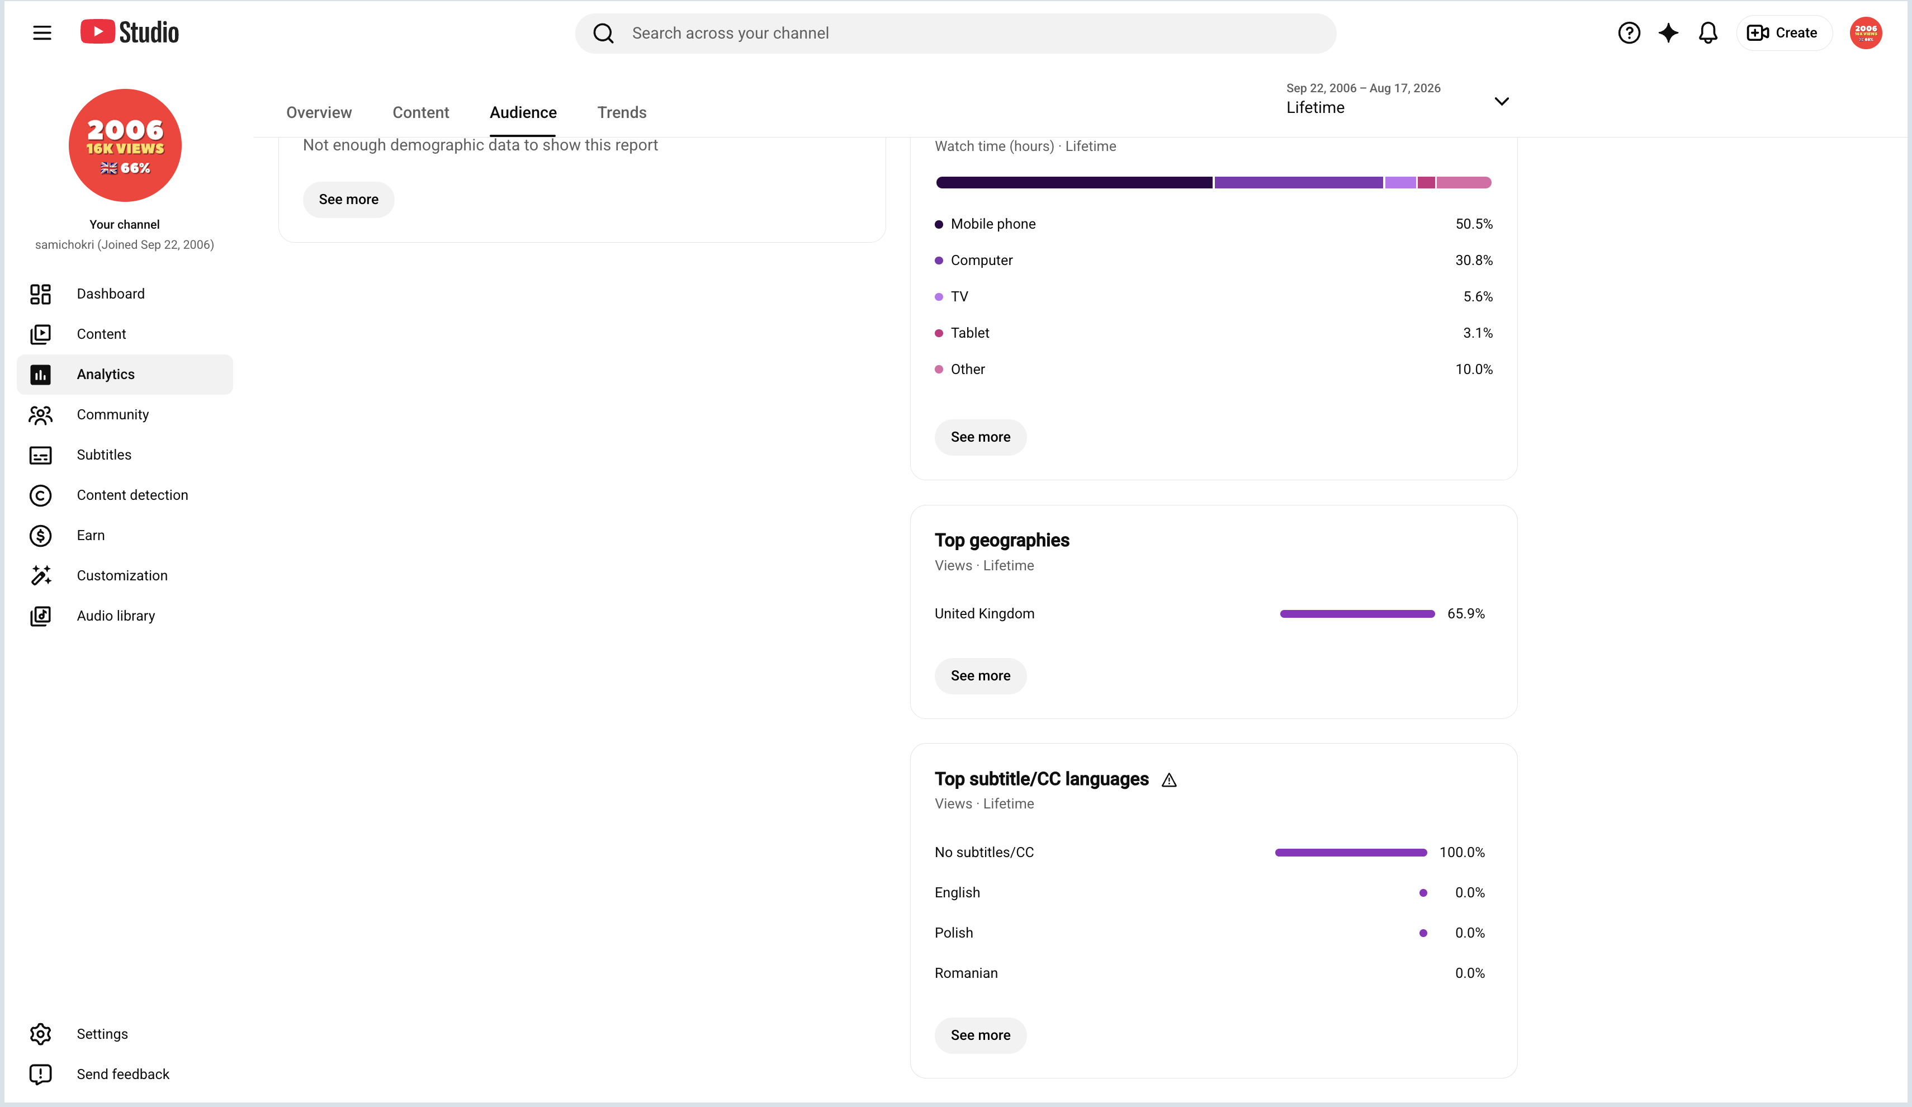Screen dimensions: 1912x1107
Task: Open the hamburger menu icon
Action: (42, 32)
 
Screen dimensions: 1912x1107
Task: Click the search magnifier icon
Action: (603, 34)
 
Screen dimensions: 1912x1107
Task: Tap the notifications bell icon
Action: (1708, 32)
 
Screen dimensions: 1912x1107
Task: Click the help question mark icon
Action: (1629, 32)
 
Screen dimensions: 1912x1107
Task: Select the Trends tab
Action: (622, 112)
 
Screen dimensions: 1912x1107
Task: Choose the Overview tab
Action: (319, 112)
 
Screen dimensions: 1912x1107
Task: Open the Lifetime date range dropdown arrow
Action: (1502, 101)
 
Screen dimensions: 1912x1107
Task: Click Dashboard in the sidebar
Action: (111, 294)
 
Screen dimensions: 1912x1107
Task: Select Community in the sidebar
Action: (113, 414)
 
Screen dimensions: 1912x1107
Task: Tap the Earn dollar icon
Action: (40, 536)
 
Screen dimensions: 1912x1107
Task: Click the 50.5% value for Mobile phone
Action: (1474, 224)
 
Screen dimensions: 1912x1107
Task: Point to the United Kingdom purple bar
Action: (1357, 614)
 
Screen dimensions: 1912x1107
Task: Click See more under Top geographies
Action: (980, 675)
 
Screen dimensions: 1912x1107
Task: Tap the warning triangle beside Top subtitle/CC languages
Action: (1168, 780)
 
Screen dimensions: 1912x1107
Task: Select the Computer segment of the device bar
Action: (1298, 182)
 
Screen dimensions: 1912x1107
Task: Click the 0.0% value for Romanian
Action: (1470, 973)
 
